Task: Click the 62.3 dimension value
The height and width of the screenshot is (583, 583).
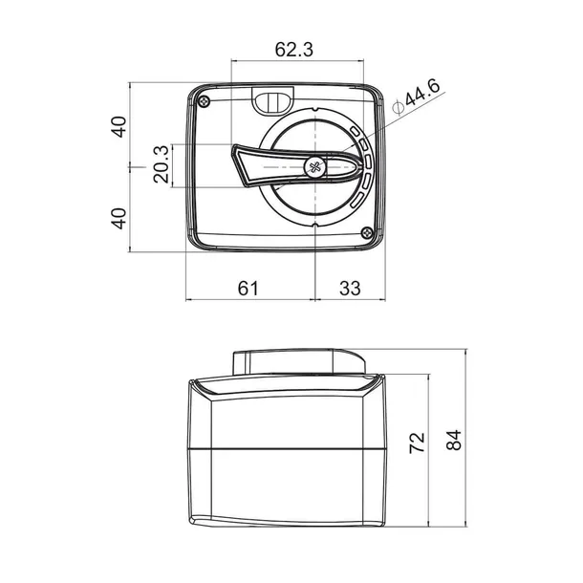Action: pyautogui.click(x=293, y=50)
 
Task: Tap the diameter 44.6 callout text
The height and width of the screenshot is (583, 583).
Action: pyautogui.click(x=417, y=97)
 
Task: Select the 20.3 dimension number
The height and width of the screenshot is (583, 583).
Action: pyautogui.click(x=162, y=164)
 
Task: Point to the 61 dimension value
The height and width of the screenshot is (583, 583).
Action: pyautogui.click(x=248, y=288)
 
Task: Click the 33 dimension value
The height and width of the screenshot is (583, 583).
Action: pyautogui.click(x=350, y=288)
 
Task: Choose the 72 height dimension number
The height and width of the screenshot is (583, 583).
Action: pyautogui.click(x=417, y=443)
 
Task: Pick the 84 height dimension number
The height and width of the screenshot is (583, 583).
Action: pyautogui.click(x=454, y=440)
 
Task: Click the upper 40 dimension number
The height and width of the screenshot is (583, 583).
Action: pyautogui.click(x=119, y=127)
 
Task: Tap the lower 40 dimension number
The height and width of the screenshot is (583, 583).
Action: pyautogui.click(x=119, y=218)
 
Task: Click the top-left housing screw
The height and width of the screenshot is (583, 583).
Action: pyautogui.click(x=205, y=100)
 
